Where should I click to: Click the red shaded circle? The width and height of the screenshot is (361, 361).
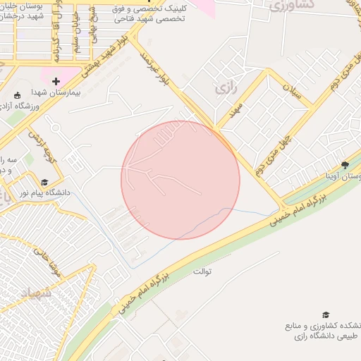coord(180,180)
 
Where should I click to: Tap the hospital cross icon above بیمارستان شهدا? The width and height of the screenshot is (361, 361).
coord(56,82)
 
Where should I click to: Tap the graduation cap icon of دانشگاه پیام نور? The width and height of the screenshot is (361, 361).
coord(45,181)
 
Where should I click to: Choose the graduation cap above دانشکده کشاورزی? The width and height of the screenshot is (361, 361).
coord(326,314)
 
